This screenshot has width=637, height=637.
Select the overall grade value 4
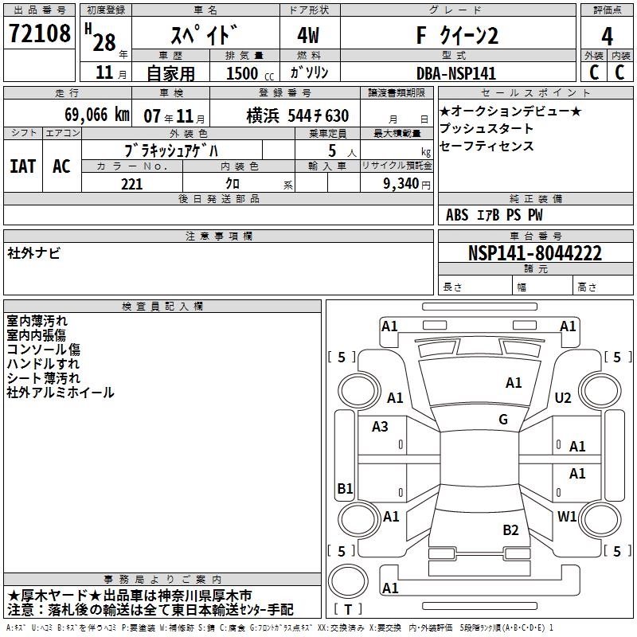point(607,37)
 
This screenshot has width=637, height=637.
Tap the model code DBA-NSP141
point(455,73)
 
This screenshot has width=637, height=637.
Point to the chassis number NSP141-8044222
point(534,253)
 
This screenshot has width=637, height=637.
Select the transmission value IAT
point(23,166)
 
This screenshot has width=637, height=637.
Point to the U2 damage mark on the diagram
point(563,397)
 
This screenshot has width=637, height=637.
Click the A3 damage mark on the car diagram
point(381,427)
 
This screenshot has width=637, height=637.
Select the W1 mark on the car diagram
point(567,516)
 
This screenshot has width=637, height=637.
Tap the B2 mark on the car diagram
point(511,530)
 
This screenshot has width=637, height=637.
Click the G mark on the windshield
point(503,420)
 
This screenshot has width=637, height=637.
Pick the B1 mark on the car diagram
point(345,488)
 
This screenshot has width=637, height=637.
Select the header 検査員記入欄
point(162,307)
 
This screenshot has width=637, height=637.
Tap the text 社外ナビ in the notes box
point(34,253)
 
